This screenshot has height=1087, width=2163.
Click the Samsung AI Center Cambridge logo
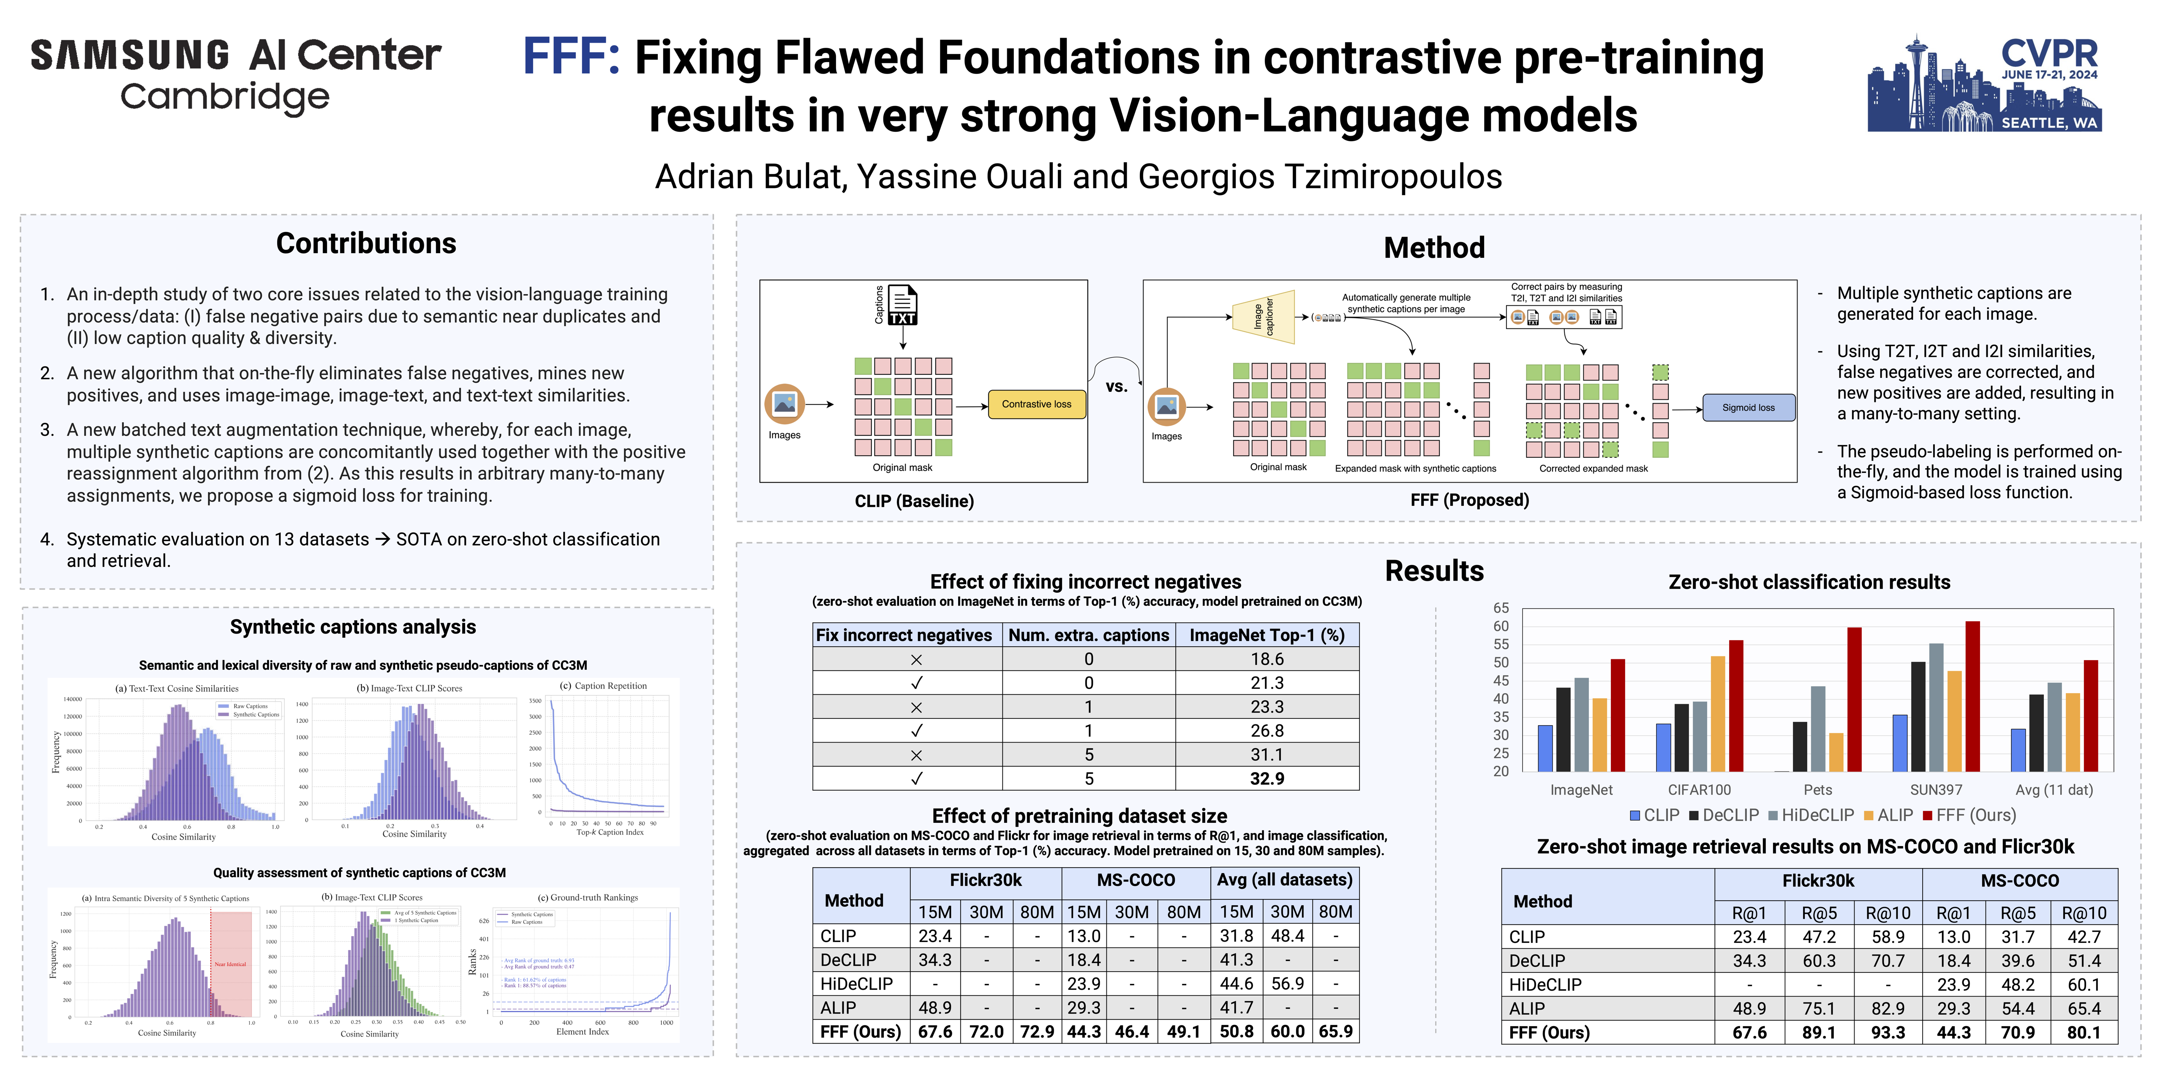(x=235, y=76)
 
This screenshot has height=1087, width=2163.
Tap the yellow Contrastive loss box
(x=1036, y=404)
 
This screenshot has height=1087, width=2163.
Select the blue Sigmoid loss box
(x=1748, y=407)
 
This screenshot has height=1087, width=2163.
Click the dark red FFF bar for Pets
(x=1854, y=699)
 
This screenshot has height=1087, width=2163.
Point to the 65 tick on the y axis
(x=1501, y=607)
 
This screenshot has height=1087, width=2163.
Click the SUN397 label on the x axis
(x=1935, y=789)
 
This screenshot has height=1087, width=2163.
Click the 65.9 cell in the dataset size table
(x=1335, y=1032)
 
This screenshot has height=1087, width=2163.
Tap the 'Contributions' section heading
(x=366, y=243)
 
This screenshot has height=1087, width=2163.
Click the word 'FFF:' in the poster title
(x=571, y=57)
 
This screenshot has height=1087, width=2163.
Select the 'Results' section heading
(x=1434, y=571)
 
